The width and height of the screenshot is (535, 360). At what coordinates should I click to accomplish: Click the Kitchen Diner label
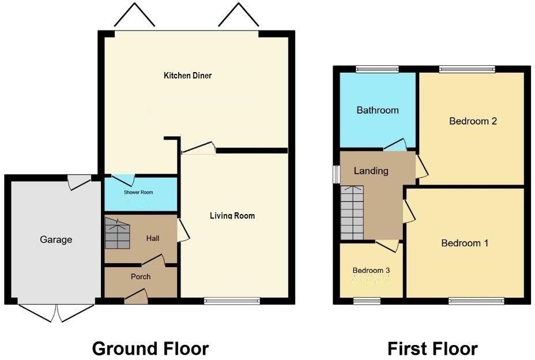(187, 76)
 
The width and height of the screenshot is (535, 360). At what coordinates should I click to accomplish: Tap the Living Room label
(232, 216)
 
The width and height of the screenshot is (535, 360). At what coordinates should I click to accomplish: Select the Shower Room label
(138, 192)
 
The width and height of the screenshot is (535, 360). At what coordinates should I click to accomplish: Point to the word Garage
(56, 239)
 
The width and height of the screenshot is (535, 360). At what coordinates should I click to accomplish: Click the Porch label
(141, 276)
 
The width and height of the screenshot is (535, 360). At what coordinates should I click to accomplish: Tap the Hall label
(152, 238)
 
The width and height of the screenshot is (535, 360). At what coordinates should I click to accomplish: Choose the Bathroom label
(377, 110)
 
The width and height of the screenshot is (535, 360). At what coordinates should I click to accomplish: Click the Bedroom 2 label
(473, 121)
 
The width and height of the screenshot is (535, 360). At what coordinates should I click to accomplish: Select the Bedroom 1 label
(465, 243)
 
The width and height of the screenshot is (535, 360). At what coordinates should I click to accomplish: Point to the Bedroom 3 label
(371, 270)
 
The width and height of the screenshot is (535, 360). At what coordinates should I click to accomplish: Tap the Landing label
(371, 171)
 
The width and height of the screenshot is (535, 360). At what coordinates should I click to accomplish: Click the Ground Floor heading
(150, 348)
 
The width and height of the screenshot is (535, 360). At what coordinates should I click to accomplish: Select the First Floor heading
(432, 348)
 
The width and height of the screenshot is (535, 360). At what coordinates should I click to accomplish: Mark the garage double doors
(56, 312)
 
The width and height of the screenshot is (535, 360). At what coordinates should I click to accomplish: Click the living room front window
(232, 300)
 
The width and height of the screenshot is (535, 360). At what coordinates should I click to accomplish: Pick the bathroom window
(377, 70)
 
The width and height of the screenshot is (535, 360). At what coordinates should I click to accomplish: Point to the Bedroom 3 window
(367, 300)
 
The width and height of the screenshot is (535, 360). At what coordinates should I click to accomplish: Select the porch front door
(136, 297)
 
